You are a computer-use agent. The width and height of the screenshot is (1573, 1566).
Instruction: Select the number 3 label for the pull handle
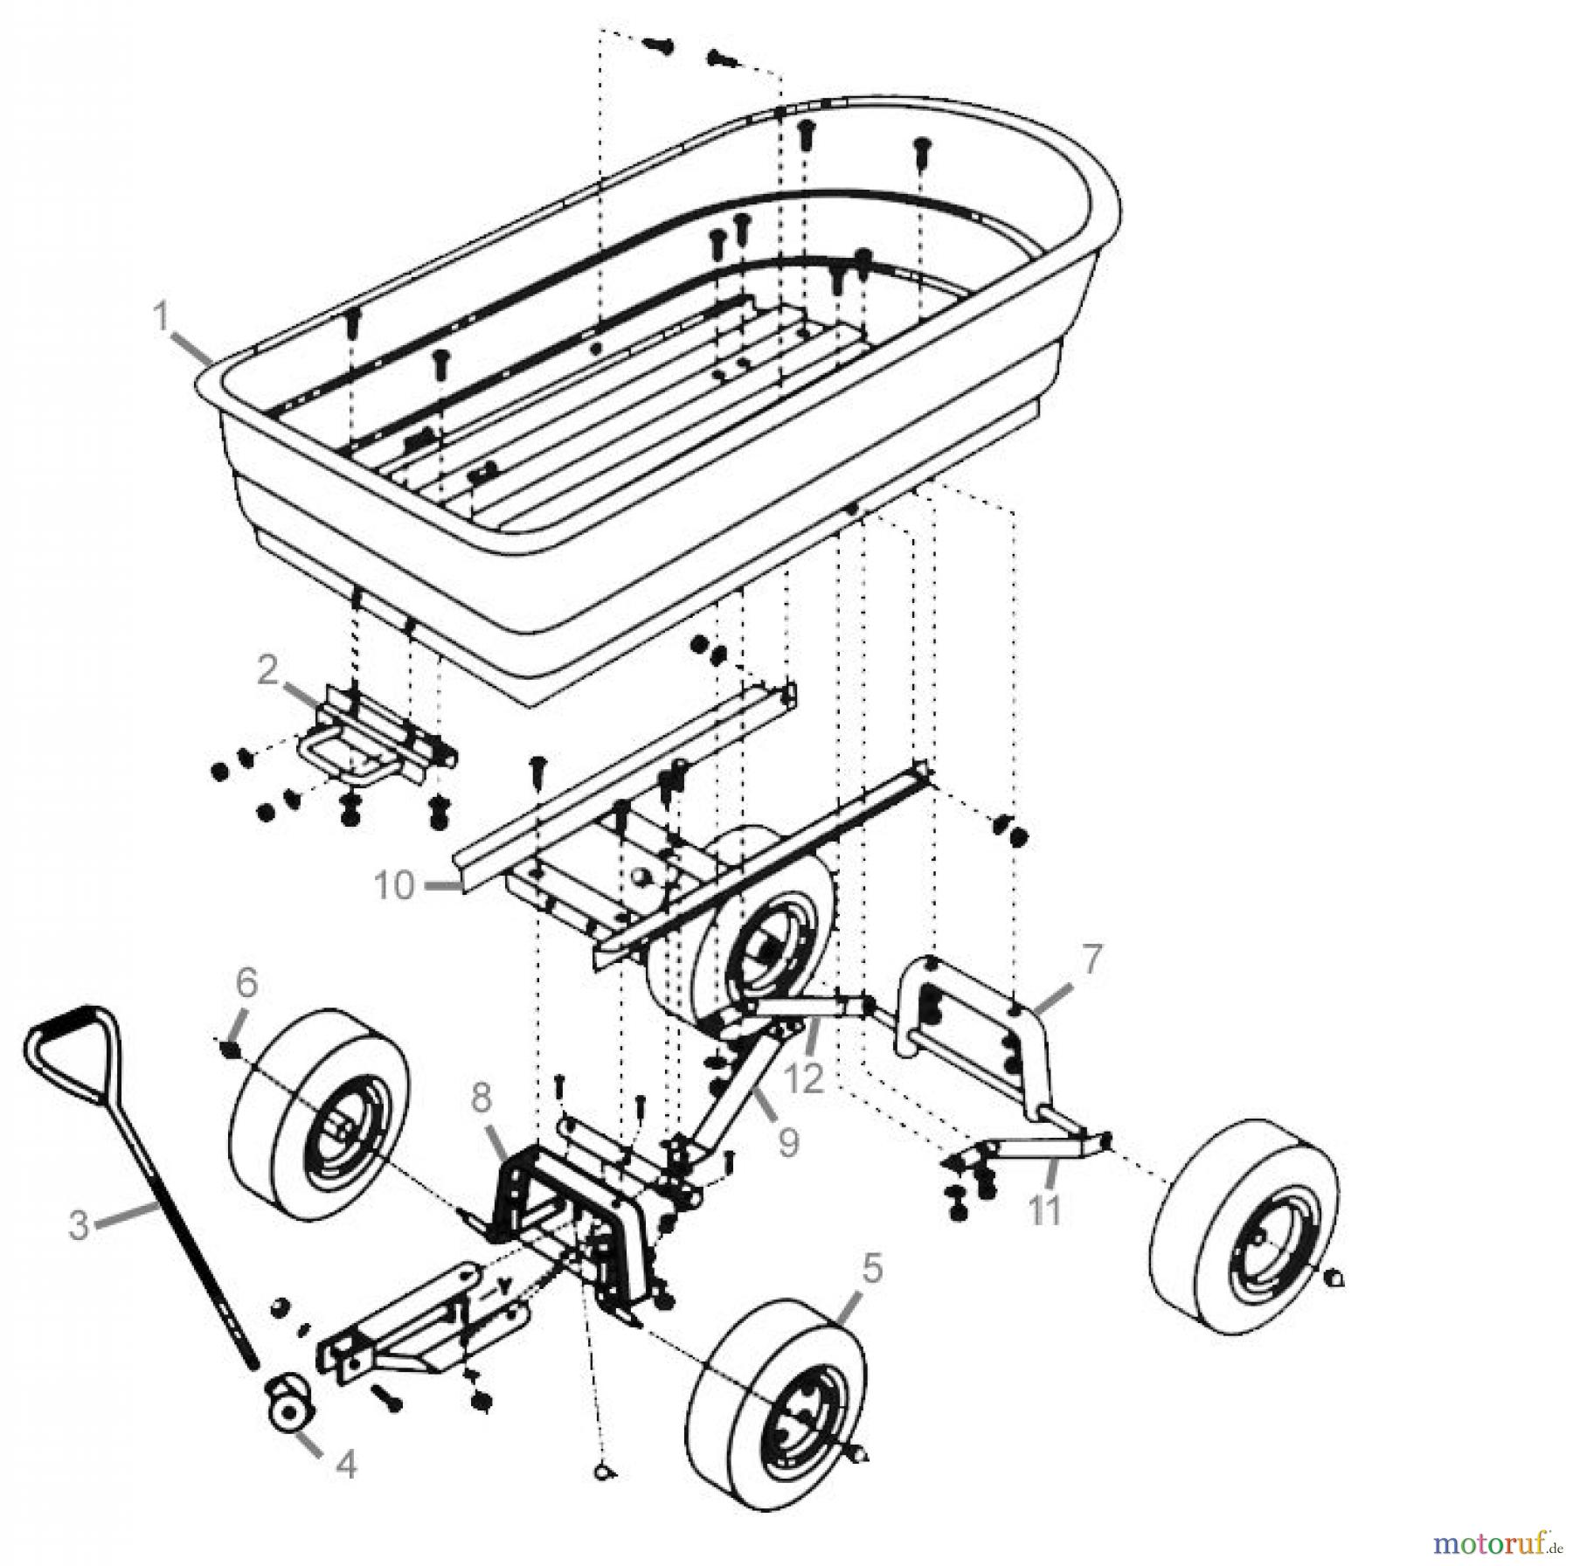point(79,1225)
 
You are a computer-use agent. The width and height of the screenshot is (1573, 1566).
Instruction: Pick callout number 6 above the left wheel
point(246,982)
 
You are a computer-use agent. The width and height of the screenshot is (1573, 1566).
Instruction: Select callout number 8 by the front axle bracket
point(482,1099)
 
